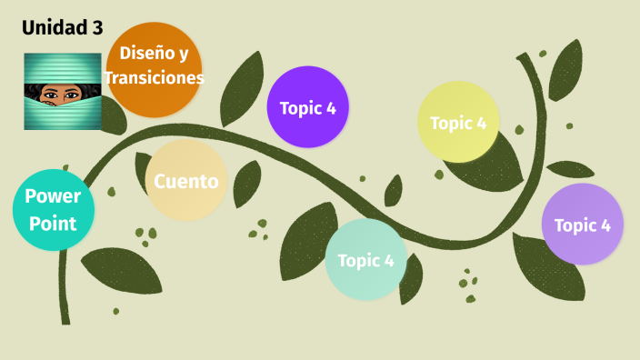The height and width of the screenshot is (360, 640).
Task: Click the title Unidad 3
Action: point(62,28)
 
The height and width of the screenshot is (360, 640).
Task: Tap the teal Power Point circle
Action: point(53,210)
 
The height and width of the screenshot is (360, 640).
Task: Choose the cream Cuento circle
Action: point(185,181)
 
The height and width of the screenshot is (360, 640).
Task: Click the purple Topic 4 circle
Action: point(307,107)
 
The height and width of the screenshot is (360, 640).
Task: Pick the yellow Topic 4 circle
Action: point(458,123)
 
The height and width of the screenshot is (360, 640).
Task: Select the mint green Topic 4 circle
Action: point(365,260)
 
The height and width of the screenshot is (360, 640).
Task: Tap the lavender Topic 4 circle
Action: point(582,225)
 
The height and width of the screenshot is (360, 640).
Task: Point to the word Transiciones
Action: point(155,78)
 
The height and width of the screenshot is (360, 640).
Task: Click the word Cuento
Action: point(185,181)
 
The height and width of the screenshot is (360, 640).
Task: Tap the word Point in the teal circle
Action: point(53,221)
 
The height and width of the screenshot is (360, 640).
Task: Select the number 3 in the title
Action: point(97,28)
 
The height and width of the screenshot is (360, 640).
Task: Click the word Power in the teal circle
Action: point(53,196)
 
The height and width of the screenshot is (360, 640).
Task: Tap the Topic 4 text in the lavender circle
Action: point(582,225)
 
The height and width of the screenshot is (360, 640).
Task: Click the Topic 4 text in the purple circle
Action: point(307,108)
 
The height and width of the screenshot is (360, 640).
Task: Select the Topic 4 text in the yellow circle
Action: point(458,123)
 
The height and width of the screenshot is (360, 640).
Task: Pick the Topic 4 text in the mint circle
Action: point(365,261)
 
